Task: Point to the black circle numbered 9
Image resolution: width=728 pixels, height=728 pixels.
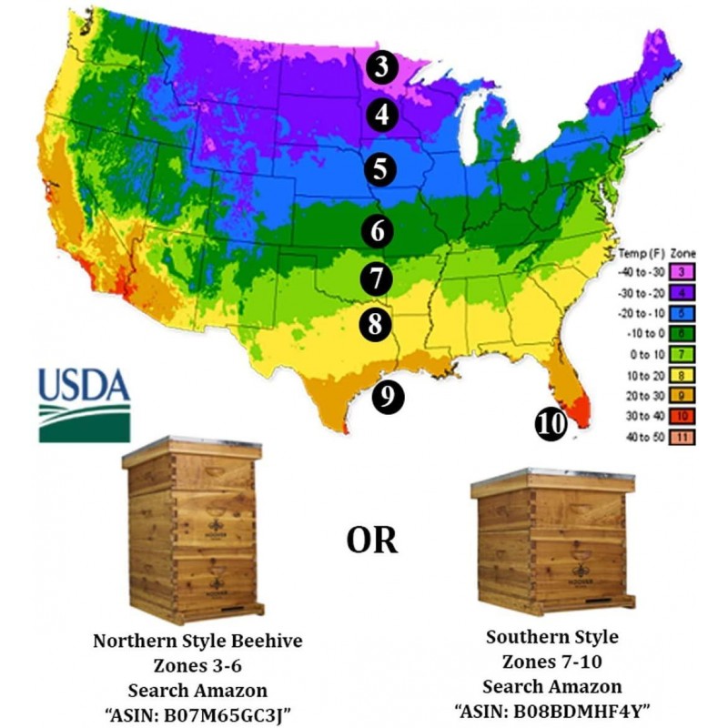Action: pyautogui.click(x=389, y=395)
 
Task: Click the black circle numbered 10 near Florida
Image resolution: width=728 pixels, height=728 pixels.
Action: pyautogui.click(x=551, y=423)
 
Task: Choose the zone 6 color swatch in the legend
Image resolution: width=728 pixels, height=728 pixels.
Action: pyautogui.click(x=678, y=332)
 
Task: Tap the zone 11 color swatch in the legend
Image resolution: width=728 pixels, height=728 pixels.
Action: pyautogui.click(x=678, y=437)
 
